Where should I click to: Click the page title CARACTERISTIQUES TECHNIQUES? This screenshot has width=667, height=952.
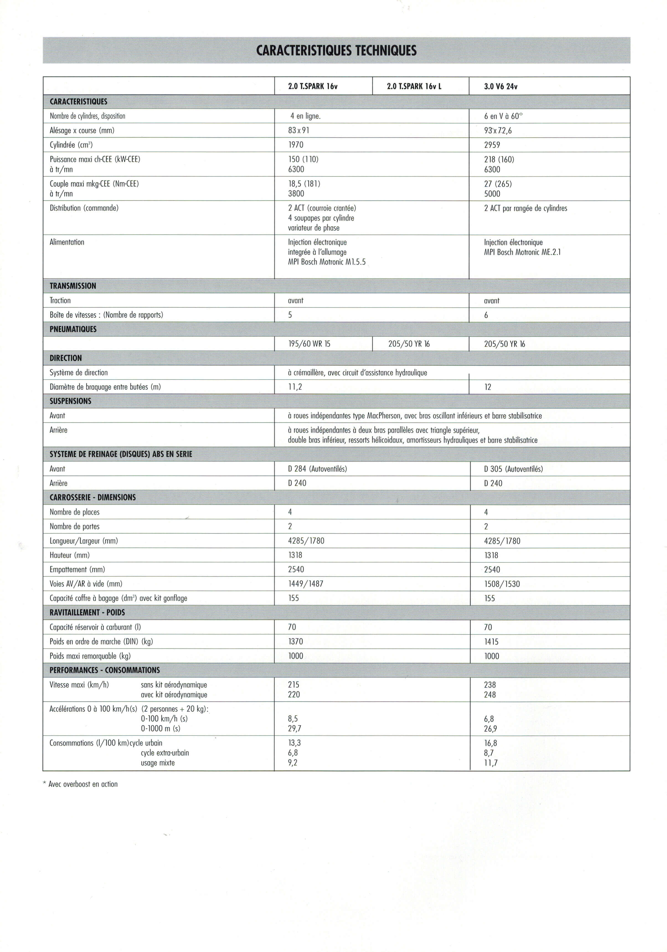coord(336,51)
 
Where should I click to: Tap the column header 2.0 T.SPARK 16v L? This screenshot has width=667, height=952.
coord(414,87)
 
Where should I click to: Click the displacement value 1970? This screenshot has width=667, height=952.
coord(296,145)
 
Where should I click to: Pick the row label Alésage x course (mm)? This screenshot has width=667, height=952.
coord(82,130)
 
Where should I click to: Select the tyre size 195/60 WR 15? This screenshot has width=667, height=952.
coord(309,344)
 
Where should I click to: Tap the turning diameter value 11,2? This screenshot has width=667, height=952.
coord(295,387)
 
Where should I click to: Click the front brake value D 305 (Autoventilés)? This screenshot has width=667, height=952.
coord(513,469)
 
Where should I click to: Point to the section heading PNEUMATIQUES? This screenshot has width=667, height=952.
coord(73,329)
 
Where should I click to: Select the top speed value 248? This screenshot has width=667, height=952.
coord(490,695)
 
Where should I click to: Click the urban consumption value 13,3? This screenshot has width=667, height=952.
coord(294,743)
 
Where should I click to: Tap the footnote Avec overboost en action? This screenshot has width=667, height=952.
coord(83,784)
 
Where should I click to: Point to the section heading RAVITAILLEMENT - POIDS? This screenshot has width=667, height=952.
coord(87,612)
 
